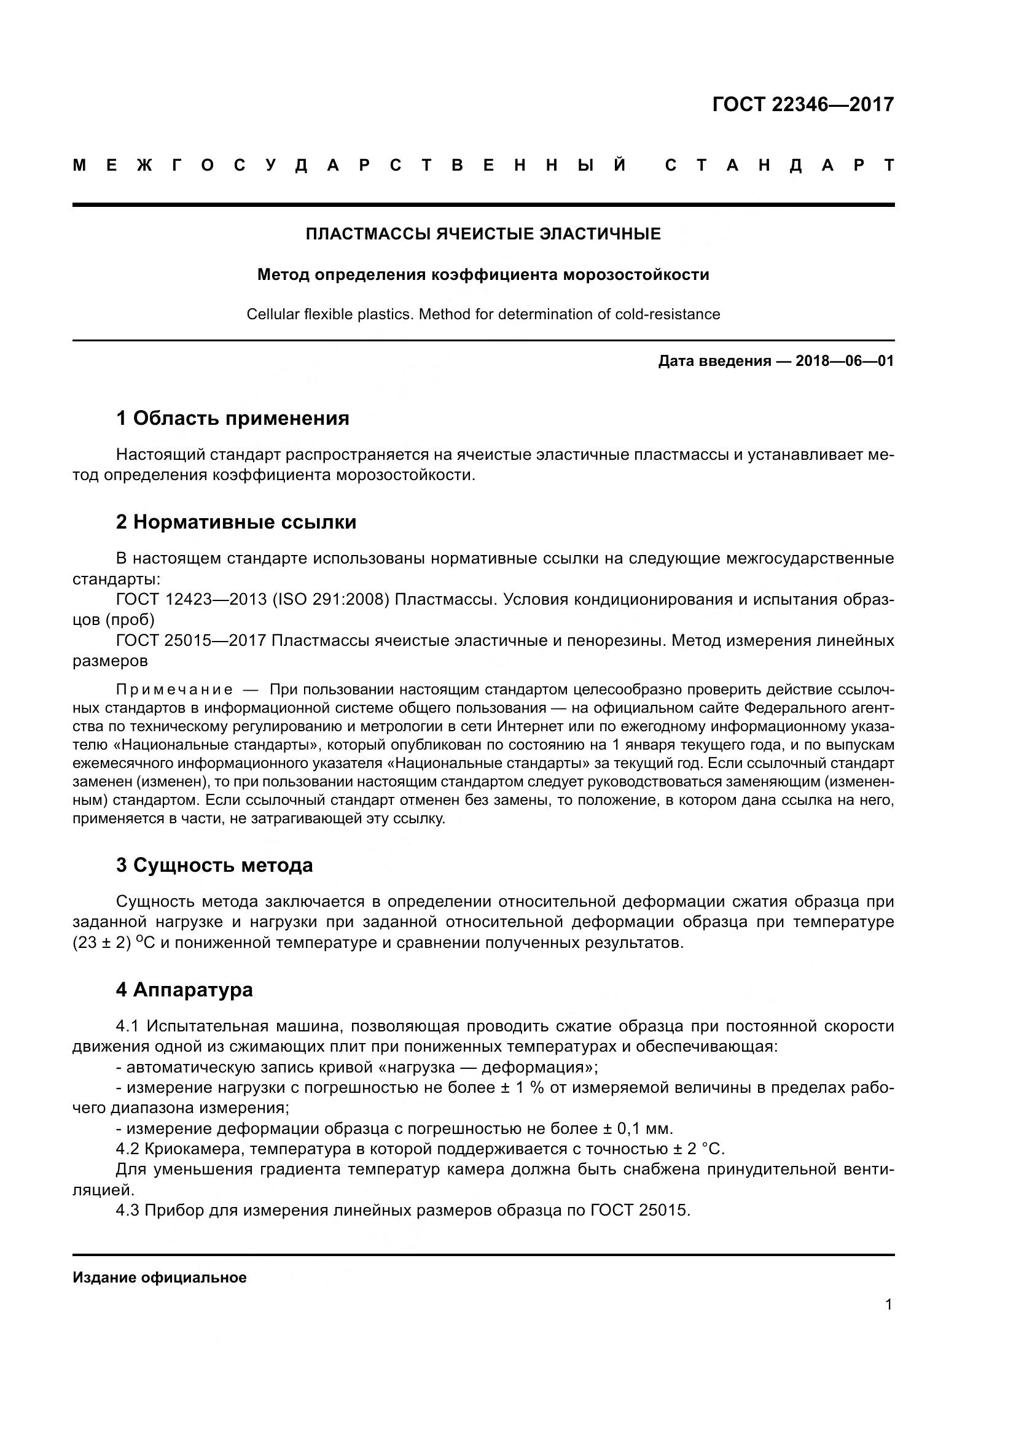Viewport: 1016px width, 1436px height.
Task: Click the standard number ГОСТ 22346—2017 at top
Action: click(x=803, y=104)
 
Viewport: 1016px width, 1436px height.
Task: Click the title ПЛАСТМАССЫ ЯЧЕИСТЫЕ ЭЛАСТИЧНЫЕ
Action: click(x=483, y=234)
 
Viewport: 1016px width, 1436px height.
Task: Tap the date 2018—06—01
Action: click(x=844, y=361)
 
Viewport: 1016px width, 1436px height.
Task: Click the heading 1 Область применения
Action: click(x=233, y=418)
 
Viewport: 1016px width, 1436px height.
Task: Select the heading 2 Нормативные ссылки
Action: click(x=236, y=522)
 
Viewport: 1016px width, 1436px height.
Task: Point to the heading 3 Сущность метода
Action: click(x=214, y=865)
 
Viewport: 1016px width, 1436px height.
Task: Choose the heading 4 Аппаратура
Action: click(x=184, y=990)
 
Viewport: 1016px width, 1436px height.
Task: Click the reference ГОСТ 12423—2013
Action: click(x=191, y=599)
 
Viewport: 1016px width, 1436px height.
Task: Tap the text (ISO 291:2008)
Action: click(x=331, y=599)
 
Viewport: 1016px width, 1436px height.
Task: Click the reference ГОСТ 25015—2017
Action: click(x=191, y=640)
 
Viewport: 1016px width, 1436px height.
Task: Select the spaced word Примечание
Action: click(x=174, y=690)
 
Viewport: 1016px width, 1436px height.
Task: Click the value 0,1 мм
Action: click(x=646, y=1129)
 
